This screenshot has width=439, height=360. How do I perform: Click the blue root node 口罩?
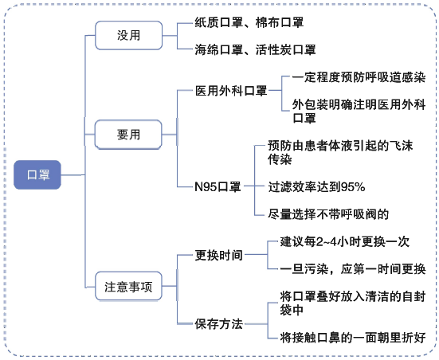[x=37, y=174]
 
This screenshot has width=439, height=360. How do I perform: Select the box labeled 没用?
[x=128, y=36]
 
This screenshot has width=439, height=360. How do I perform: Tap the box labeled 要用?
[x=128, y=135]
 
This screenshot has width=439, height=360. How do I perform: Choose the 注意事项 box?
[x=128, y=286]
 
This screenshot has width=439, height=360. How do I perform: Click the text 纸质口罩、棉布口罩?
[x=249, y=22]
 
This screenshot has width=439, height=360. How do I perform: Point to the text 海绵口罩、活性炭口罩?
[x=255, y=49]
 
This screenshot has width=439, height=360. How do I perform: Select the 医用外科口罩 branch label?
[x=231, y=91]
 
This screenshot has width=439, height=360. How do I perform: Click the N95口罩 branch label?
[x=218, y=186]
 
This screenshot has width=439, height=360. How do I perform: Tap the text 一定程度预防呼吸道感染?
[x=359, y=77]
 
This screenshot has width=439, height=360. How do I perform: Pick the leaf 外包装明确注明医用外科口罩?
[x=359, y=112]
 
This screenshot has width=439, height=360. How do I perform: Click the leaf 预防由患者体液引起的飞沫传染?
[x=340, y=152]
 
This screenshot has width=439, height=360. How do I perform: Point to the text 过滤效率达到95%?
[x=316, y=186]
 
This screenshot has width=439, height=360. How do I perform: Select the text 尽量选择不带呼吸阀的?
[x=328, y=214]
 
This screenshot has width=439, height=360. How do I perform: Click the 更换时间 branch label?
[x=218, y=255]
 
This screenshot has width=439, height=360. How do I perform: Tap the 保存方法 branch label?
[x=218, y=324]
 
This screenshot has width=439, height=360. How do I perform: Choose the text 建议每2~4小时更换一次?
[x=345, y=241]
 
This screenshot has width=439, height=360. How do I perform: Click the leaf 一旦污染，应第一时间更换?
[x=353, y=268]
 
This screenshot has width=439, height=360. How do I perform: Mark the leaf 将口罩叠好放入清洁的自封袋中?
[x=353, y=303]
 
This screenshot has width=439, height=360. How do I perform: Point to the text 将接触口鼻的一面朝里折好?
[x=353, y=338]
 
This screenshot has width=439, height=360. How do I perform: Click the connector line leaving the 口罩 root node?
[x=73, y=175]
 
